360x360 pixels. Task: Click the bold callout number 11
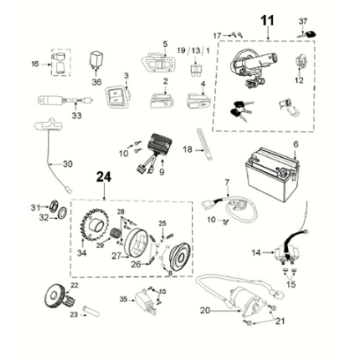coord(266,21)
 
